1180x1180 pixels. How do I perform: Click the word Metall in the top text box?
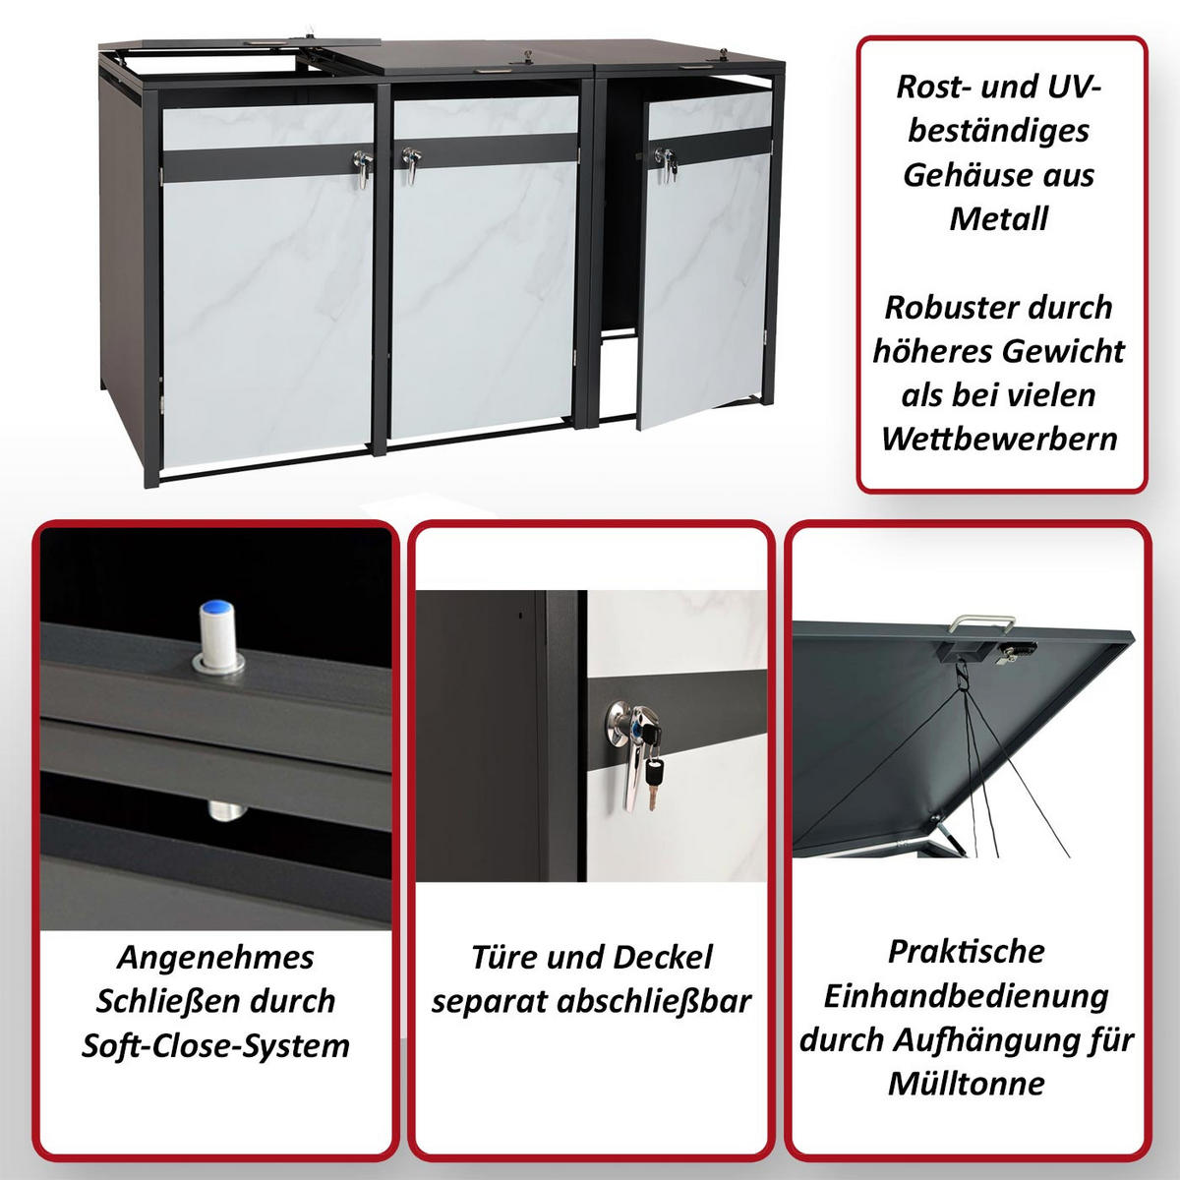999,218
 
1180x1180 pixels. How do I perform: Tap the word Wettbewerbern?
999,439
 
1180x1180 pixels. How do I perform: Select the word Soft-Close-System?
215,1046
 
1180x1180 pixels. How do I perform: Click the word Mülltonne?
967,1084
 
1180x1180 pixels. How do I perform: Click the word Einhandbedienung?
967,996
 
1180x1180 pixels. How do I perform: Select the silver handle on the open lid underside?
981,623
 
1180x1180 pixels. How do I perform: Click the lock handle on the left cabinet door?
363,168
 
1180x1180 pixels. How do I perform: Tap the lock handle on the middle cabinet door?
411,164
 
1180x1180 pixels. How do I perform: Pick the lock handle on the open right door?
665,164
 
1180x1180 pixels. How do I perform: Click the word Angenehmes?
215,957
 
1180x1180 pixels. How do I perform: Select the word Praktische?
967,951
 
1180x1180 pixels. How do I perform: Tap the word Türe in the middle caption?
502,957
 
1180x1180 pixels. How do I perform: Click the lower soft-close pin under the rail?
227,809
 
